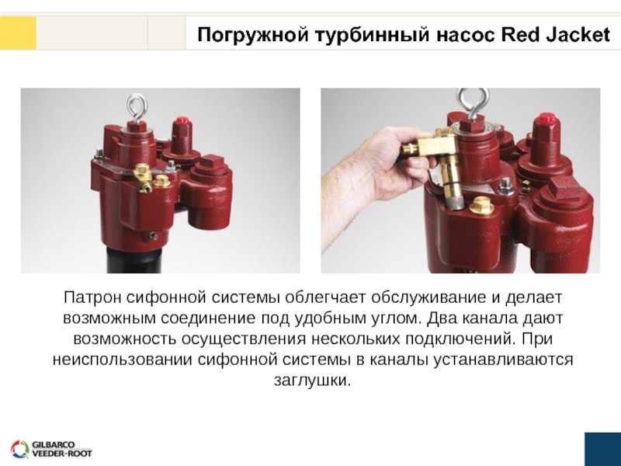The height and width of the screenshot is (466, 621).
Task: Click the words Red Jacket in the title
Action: tap(555, 35)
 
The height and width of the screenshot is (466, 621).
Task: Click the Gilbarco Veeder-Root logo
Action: tap(51, 449)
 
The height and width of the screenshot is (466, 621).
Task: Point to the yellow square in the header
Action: tap(18, 33)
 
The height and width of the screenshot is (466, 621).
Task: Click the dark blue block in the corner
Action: tap(603, 450)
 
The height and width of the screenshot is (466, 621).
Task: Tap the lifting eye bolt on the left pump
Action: tap(137, 109)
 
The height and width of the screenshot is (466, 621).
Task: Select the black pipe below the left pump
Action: tap(134, 259)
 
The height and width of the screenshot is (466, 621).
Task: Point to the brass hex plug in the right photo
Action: tap(480, 205)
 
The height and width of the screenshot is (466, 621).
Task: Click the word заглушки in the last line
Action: tap(313, 381)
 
